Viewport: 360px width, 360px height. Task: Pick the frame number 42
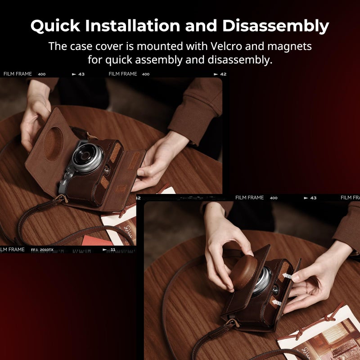pyautogui.click(x=223, y=74)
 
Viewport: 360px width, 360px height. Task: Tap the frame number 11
pyautogui.click(x=113, y=249)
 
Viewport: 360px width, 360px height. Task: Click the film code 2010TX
pyautogui.click(x=47, y=249)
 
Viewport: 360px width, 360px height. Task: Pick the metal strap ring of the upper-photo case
pyautogui.click(x=59, y=198)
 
